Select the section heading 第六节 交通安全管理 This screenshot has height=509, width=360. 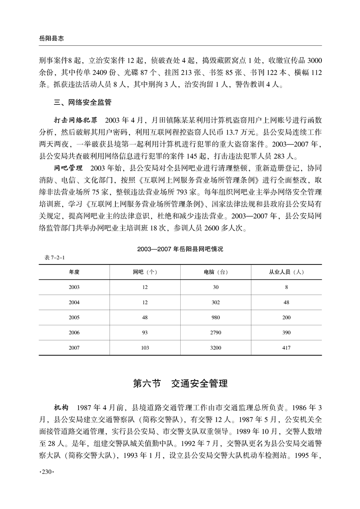(180, 383)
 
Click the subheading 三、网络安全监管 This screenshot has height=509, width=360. (83, 103)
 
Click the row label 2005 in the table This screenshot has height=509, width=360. (74, 318)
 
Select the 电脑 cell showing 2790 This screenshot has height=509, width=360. (216, 333)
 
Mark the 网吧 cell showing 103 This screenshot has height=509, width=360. (145, 348)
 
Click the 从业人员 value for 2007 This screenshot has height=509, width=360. (286, 348)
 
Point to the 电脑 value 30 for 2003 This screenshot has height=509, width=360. (216, 287)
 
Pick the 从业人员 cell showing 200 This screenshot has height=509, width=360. (286, 318)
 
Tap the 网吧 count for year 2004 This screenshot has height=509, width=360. (145, 302)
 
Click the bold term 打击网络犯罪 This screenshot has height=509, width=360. (76, 121)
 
